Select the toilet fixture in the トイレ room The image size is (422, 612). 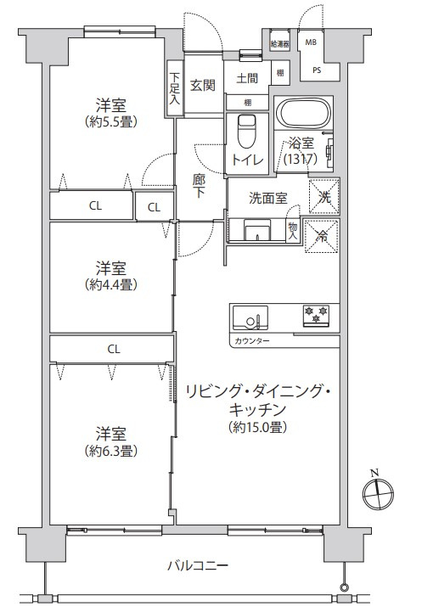pyautogui.click(x=246, y=131)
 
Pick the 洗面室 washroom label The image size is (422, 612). pyautogui.click(x=267, y=198)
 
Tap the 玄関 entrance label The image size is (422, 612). pyautogui.click(x=202, y=85)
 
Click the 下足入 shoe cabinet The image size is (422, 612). pyautogui.click(x=174, y=87)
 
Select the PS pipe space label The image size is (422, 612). pyautogui.click(x=316, y=71)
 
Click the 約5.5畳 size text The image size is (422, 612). pyautogui.click(x=111, y=121)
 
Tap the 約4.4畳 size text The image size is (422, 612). pyautogui.click(x=111, y=284)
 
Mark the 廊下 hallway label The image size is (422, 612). pyautogui.click(x=198, y=186)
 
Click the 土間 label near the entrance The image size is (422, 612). pyautogui.click(x=248, y=79)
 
